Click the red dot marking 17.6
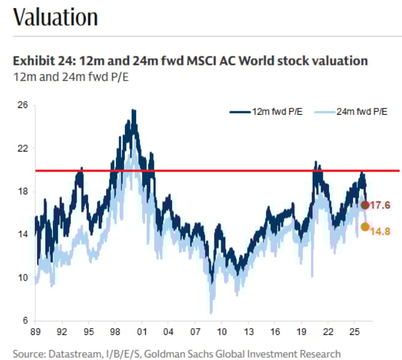point(365,205)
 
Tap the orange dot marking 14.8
point(365,227)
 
